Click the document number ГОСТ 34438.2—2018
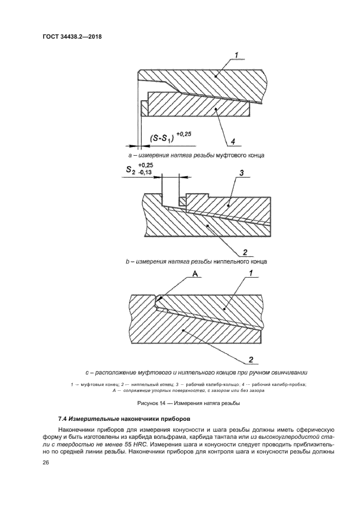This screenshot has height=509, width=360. click(72, 37)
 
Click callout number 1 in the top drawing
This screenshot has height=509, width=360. click(237, 54)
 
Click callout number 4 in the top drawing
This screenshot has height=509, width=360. click(233, 142)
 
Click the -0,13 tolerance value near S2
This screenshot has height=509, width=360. click(146, 173)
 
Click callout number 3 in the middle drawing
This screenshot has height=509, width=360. click(240, 173)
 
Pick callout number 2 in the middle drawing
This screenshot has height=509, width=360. click(245, 252)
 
